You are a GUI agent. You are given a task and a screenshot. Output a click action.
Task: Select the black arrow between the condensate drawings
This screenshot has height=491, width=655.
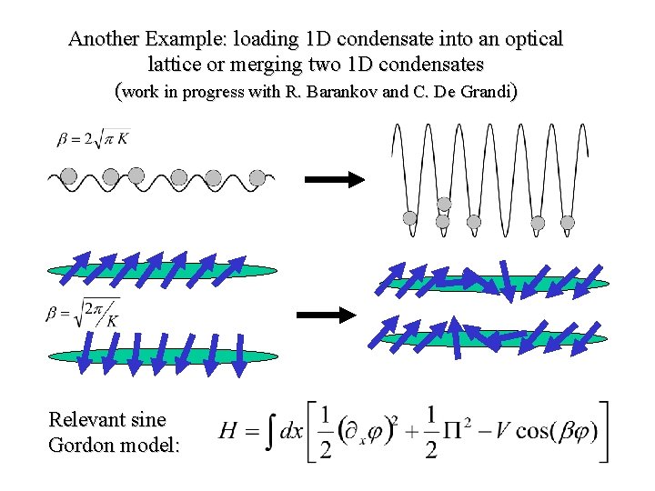coord(327,315)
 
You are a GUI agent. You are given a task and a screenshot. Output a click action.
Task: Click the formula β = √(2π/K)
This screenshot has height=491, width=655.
coord(83,313)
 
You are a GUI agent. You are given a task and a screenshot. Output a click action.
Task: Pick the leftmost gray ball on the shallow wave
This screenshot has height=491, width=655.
coord(67,176)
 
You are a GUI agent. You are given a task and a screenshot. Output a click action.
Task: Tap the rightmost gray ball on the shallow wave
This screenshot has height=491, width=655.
coord(257,177)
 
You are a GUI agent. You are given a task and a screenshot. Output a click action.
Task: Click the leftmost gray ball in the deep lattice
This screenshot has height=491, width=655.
coord(410,218)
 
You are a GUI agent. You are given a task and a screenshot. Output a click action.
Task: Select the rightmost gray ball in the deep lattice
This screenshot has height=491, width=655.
coord(568,222)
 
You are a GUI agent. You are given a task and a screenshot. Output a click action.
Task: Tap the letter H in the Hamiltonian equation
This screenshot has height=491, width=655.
coord(229,432)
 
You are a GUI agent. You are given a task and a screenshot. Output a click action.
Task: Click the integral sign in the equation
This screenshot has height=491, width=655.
coord(268,432)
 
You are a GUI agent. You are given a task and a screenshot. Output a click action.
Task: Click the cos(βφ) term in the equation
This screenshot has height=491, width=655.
coord(557,431)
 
